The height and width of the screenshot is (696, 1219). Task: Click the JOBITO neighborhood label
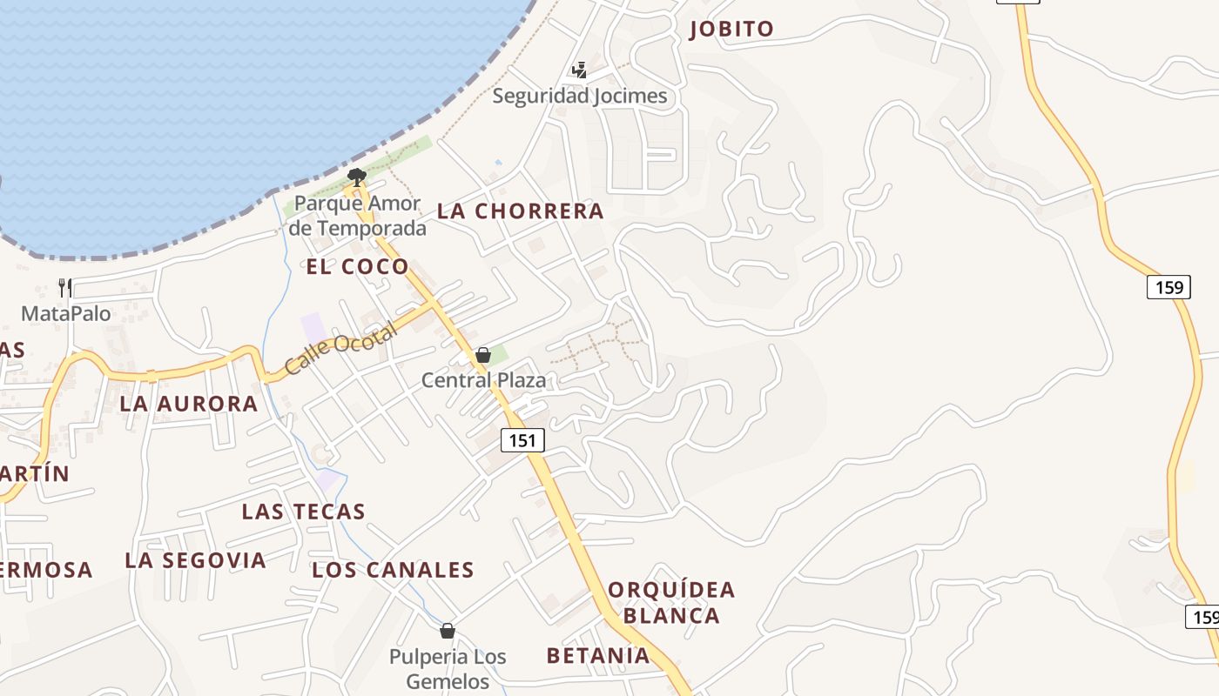pyautogui.click(x=731, y=29)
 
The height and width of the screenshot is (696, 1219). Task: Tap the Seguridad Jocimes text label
pyautogui.click(x=580, y=96)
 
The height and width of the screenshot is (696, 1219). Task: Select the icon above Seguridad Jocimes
pyautogui.click(x=580, y=70)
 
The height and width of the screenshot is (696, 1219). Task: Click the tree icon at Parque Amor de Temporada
pyautogui.click(x=355, y=177)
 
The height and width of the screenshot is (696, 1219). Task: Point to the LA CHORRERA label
pyautogui.click(x=520, y=211)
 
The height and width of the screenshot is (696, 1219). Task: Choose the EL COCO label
pyautogui.click(x=357, y=266)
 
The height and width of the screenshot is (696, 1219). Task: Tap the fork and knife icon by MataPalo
pyautogui.click(x=65, y=287)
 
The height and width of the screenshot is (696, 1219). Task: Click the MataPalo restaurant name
pyautogui.click(x=66, y=313)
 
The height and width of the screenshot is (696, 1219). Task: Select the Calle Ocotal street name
pyautogui.click(x=340, y=348)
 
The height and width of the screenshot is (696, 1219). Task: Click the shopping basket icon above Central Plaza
pyautogui.click(x=483, y=355)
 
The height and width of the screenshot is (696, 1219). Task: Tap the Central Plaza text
pyautogui.click(x=483, y=380)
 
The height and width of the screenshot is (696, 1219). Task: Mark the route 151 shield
pyautogui.click(x=522, y=440)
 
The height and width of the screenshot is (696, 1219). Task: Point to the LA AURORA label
pyautogui.click(x=189, y=404)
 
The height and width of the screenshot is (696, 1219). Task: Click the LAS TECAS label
pyautogui.click(x=303, y=511)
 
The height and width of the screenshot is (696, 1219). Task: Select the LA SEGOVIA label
pyautogui.click(x=195, y=559)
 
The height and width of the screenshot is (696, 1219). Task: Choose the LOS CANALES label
pyautogui.click(x=393, y=570)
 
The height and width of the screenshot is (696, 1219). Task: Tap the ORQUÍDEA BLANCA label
pyautogui.click(x=671, y=602)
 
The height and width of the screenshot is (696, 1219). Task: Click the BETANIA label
pyautogui.click(x=598, y=655)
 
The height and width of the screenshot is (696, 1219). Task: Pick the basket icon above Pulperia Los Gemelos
pyautogui.click(x=448, y=630)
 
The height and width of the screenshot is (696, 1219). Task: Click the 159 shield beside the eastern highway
pyautogui.click(x=1168, y=286)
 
